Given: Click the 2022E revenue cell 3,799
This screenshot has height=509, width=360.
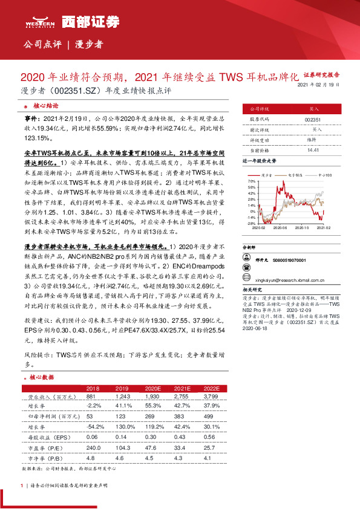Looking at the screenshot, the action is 212,396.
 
